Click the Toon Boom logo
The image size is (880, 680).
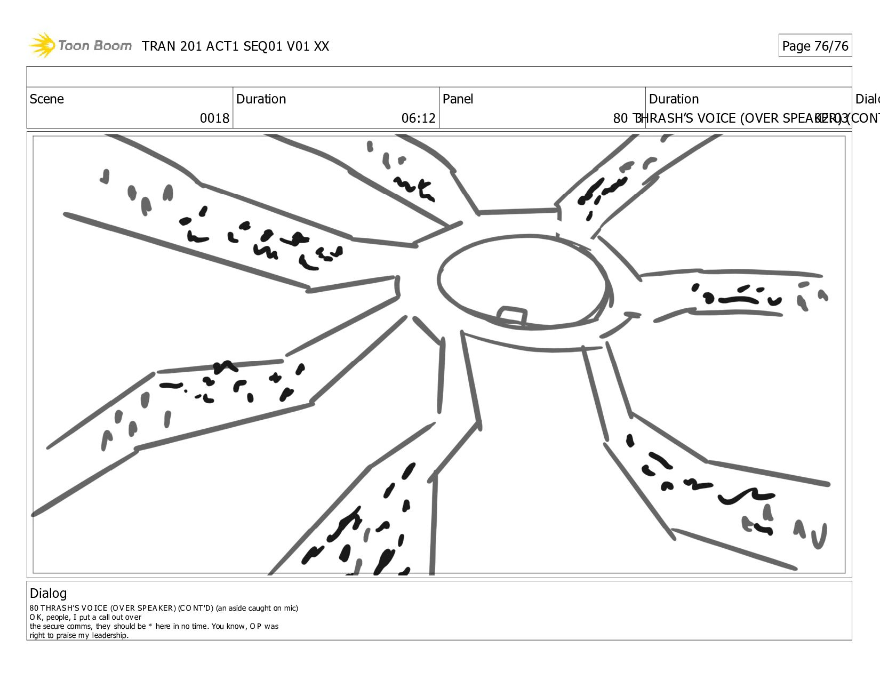point(80,45)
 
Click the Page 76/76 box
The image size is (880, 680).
point(814,46)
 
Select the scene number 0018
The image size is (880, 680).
point(214,118)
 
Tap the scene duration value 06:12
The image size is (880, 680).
point(418,118)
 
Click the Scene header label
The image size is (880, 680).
point(47,99)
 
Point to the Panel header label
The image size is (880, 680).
point(458,99)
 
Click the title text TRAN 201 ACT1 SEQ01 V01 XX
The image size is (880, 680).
point(235,46)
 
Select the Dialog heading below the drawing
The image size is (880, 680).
point(48,593)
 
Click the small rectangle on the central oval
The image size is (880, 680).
point(512,315)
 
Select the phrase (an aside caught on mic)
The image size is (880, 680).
point(257,608)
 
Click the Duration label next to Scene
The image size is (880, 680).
point(261,99)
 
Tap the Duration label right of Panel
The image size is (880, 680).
point(674,99)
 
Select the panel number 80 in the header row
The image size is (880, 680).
point(620,118)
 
